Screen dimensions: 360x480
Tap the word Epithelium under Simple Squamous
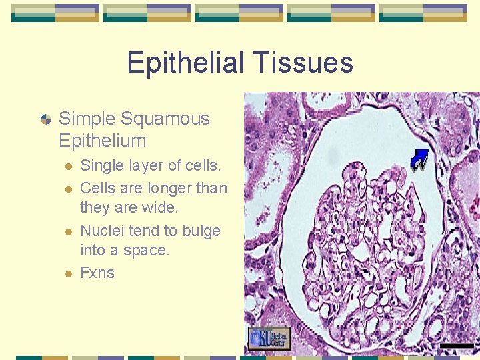pos(102,141)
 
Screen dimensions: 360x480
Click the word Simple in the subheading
pos(87,119)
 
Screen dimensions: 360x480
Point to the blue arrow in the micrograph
pos(419,160)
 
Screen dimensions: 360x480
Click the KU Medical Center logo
pos(269,339)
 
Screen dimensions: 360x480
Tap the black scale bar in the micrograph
pos(457,345)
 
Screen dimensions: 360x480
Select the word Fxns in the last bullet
pos(97,273)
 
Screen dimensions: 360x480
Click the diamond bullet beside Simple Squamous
pos(45,120)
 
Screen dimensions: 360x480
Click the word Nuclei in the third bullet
pos(100,231)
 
